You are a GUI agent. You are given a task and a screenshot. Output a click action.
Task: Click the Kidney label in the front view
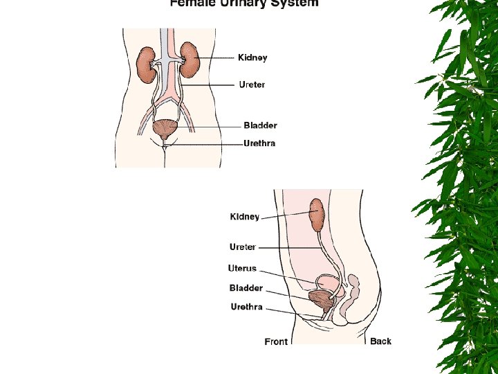252,58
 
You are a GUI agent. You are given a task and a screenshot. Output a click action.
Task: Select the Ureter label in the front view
251,85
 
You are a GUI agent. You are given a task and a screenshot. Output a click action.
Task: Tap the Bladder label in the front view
260,126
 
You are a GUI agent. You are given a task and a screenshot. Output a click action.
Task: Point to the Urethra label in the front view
259,144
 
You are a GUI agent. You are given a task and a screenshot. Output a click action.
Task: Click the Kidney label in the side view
245,217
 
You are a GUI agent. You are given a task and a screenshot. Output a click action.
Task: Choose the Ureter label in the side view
243,247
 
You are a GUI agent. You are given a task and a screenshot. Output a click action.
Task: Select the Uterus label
242,269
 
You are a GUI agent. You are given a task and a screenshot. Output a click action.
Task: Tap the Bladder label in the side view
246,288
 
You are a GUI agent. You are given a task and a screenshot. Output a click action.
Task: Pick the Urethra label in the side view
246,307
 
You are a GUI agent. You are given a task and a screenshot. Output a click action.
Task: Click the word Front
276,341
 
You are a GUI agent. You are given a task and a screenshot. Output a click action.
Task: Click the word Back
380,341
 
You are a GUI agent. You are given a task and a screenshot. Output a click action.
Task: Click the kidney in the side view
317,215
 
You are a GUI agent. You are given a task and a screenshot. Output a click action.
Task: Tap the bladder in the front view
165,129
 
